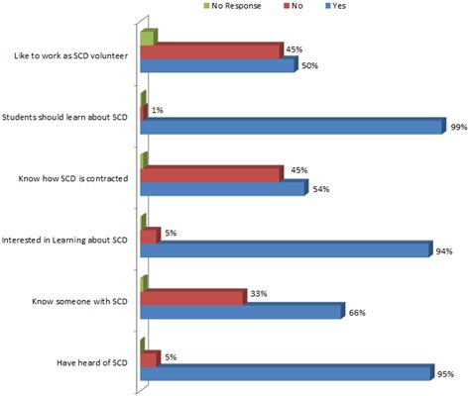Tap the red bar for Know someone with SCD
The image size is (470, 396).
tap(192, 297)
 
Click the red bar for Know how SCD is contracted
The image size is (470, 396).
tap(211, 175)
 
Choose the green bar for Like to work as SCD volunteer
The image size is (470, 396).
tap(148, 39)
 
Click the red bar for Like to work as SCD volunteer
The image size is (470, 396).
tap(211, 51)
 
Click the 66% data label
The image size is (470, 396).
tap(356, 313)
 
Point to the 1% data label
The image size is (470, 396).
tap(158, 111)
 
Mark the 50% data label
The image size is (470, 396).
tap(308, 65)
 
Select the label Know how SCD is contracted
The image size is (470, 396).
tap(75, 180)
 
